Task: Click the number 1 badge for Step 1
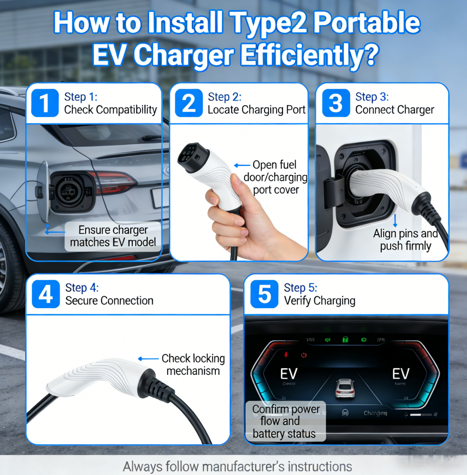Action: click(x=45, y=103)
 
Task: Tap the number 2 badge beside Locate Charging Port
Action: click(x=189, y=103)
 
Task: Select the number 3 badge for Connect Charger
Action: click(x=336, y=103)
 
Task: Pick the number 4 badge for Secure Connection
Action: click(x=46, y=294)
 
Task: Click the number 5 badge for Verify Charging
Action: click(x=265, y=294)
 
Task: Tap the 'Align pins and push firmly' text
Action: click(x=405, y=240)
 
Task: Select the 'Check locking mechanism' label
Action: click(x=193, y=365)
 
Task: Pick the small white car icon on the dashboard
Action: click(x=345, y=388)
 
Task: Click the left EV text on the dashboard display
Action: click(x=289, y=373)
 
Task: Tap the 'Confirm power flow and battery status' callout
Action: click(x=286, y=421)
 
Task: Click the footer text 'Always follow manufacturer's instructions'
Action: click(x=237, y=466)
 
